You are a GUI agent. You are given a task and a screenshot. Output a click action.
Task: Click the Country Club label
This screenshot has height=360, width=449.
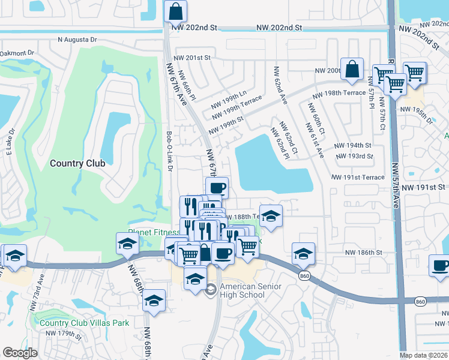77,163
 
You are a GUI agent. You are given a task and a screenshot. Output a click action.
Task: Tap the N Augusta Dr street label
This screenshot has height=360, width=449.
77,40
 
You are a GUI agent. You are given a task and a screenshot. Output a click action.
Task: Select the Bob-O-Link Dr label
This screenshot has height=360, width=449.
170,152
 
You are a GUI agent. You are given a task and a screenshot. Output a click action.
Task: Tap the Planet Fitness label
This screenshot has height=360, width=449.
154,233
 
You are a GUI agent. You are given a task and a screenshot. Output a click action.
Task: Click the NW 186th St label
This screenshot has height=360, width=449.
364,253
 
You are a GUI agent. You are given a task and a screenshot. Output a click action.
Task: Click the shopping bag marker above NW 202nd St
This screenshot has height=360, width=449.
175,11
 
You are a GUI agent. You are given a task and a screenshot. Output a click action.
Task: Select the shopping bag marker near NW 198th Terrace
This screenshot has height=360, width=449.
352,70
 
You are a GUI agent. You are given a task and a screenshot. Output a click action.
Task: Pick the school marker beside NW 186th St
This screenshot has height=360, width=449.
303,254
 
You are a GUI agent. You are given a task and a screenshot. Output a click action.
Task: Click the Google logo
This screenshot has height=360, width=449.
20,353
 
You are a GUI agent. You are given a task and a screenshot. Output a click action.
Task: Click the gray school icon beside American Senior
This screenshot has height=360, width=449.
211,290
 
